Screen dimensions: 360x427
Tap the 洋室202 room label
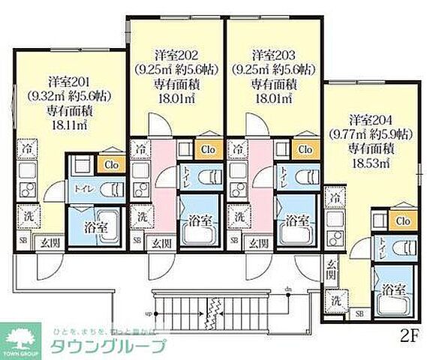[x=177, y=55]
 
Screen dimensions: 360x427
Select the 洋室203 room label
[x=272, y=55]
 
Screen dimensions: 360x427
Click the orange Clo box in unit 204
[x=402, y=220]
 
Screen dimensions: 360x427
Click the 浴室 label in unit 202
[x=199, y=221]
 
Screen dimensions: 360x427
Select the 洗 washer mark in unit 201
[x=25, y=214]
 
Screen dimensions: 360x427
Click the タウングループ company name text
[x=107, y=346]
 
